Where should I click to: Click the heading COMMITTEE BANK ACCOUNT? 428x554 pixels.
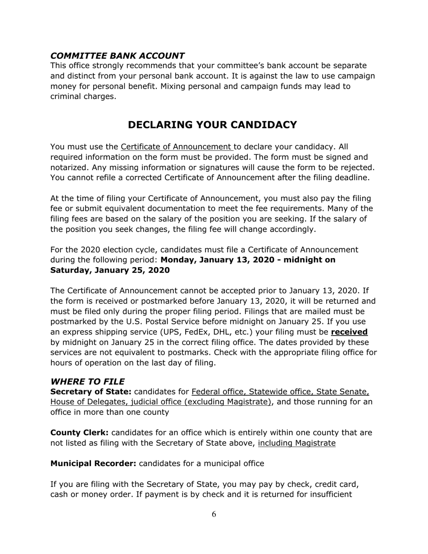117,56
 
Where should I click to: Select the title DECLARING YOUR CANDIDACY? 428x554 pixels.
212,125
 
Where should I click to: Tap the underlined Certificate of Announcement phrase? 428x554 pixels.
177,147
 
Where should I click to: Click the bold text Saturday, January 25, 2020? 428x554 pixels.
110,270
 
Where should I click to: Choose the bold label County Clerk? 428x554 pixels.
79,433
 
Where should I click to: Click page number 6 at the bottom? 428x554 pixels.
214,515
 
